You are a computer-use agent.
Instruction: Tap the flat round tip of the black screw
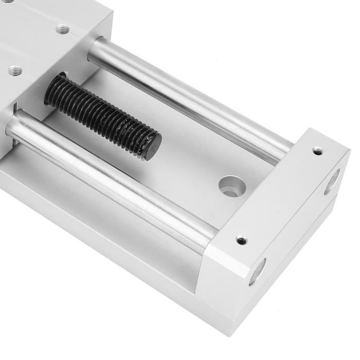coord(151,146)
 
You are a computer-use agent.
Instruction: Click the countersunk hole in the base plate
coord(231,186)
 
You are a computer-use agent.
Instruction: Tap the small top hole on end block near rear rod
coord(318,151)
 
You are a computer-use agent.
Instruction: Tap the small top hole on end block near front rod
coord(241,240)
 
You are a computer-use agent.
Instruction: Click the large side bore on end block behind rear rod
coord(331,182)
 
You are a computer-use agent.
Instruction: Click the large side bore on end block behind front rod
coord(257,271)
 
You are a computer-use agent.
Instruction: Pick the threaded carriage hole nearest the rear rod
coord(63,29)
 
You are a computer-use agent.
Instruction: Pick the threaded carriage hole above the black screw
coord(14,70)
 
